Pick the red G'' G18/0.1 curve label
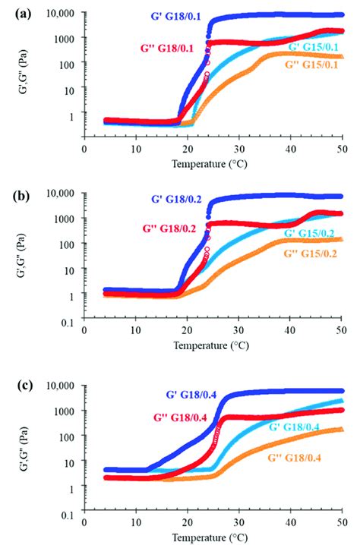coord(165,48)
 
